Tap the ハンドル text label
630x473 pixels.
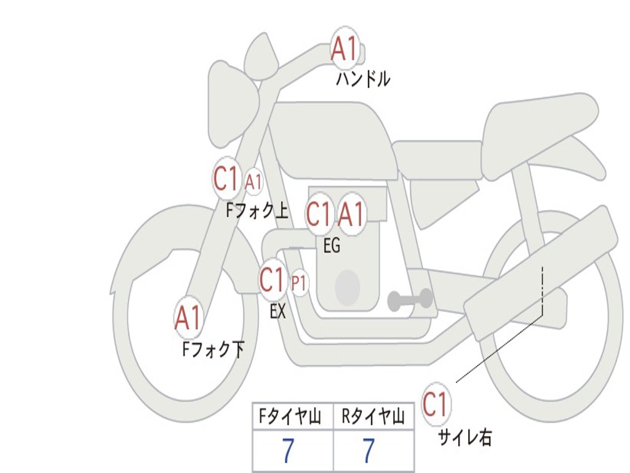point(363,79)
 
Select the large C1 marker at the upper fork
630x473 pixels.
point(226,179)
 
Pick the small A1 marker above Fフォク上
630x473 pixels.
point(253,182)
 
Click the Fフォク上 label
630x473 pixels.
point(257,211)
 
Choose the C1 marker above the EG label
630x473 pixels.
point(319,215)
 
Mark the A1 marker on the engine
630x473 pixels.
point(352,215)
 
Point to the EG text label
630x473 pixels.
point(332,246)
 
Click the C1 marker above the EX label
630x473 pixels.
point(273,280)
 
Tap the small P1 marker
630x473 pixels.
point(299,283)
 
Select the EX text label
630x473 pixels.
point(278,312)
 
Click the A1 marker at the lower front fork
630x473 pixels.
point(188,318)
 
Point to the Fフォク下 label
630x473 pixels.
point(213,350)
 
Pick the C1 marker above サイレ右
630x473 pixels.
point(436,405)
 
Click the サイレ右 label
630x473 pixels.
point(465,437)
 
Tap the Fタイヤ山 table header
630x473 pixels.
point(292,418)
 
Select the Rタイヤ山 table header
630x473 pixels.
point(373,418)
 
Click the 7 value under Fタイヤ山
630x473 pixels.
point(288,451)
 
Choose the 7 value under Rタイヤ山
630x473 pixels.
point(369,451)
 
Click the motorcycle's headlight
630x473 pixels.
point(233,105)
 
